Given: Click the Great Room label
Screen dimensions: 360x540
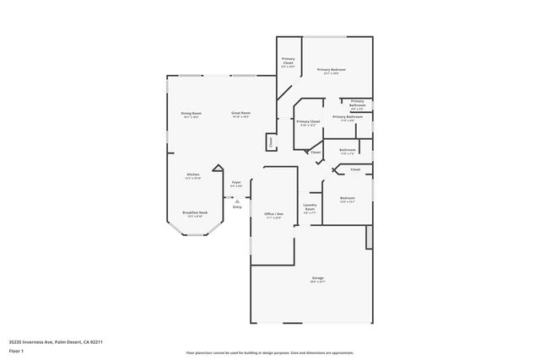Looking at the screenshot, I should point(241,112).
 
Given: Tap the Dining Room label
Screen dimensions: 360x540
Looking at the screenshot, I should point(191,112).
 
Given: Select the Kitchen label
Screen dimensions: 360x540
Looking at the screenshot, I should point(193,174).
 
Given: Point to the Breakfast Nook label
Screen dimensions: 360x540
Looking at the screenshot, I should point(195,212).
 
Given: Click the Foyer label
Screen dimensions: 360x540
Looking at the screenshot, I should point(237,181).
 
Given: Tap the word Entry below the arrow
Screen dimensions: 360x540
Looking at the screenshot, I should point(237,207).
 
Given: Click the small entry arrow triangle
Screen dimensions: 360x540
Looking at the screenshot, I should point(237,201).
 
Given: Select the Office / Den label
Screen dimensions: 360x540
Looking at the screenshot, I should point(273,214).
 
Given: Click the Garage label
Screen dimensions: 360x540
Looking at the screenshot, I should point(318,277).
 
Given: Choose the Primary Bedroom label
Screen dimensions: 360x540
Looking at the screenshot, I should point(332,69).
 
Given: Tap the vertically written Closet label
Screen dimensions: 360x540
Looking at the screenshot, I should point(270,142).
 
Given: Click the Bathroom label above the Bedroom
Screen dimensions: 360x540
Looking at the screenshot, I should point(348,149).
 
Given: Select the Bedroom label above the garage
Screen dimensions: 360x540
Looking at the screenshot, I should point(348,198).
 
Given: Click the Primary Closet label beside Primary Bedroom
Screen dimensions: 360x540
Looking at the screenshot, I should point(288,61).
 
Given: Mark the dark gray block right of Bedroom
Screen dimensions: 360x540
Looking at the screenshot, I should point(369,237).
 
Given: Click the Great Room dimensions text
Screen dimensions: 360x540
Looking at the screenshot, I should point(241,116).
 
